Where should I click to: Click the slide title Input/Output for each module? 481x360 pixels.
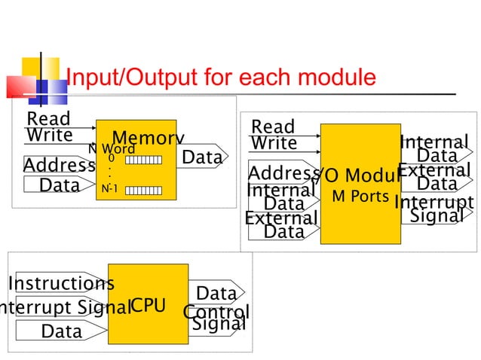(x=221, y=77)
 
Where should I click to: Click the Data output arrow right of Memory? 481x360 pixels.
(x=202, y=157)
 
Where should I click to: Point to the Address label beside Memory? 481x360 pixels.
(x=59, y=166)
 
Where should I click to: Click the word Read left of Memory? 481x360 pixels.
(x=48, y=119)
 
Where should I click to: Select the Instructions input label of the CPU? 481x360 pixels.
(x=61, y=284)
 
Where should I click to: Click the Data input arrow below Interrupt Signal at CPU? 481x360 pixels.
(x=61, y=331)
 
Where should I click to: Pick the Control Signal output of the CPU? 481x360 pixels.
(x=216, y=318)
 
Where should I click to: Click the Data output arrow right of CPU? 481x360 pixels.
(x=216, y=293)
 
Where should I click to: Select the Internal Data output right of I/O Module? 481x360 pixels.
(x=435, y=149)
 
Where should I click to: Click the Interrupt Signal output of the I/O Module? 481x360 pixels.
(x=435, y=209)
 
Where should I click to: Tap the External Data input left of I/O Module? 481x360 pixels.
(x=282, y=224)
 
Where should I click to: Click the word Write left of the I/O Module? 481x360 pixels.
(x=274, y=143)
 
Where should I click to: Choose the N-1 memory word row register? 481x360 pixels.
(x=139, y=190)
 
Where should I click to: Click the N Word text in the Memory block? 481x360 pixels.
(x=112, y=148)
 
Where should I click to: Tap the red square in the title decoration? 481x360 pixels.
(x=20, y=87)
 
